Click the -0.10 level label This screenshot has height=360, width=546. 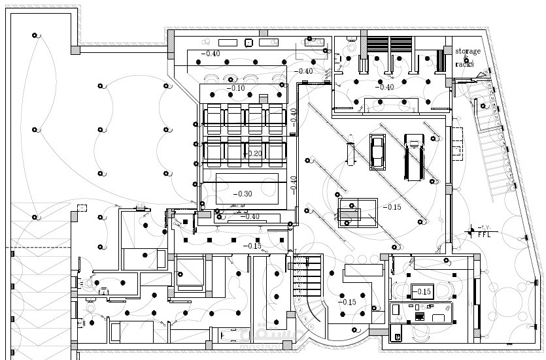[235, 88]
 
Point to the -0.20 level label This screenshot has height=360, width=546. [254, 154]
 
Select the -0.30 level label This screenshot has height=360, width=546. [243, 194]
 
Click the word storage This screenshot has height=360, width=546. [468, 51]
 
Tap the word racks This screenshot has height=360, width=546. [464, 64]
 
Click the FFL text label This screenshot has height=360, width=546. [485, 233]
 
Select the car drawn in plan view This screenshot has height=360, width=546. [377, 152]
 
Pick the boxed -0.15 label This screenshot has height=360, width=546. [421, 292]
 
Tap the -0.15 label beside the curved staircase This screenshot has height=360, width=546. [347, 302]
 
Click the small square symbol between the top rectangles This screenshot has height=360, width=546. [248, 44]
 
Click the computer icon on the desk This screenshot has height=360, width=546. [419, 317]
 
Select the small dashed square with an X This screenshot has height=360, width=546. [82, 208]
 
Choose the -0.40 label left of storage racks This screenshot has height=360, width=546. [384, 87]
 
